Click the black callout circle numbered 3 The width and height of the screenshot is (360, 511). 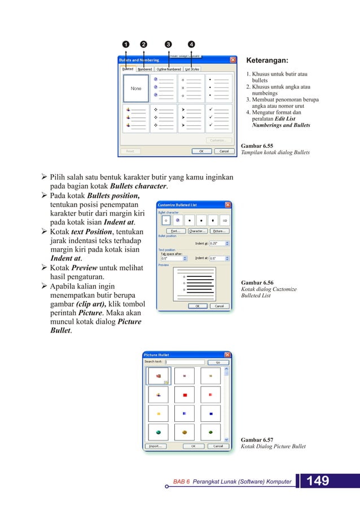[x=168, y=45]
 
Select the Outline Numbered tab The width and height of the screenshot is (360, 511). [x=168, y=69]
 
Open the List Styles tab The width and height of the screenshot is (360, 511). [x=192, y=69]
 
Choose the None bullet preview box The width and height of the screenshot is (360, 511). [x=136, y=89]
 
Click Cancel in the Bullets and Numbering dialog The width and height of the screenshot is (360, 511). [x=224, y=151]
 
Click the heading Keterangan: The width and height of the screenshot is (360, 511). [x=267, y=61]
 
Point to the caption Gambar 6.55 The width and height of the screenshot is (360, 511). [x=257, y=145]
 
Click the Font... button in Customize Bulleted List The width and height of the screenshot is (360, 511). [x=175, y=231]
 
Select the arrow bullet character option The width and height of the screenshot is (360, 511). [x=225, y=220]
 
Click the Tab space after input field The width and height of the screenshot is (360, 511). [x=171, y=258]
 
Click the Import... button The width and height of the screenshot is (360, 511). [x=155, y=446]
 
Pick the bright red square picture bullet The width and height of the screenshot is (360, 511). [x=185, y=395]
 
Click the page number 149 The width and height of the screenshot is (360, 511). [x=318, y=481]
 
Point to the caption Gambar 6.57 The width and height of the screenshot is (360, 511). [x=257, y=439]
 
